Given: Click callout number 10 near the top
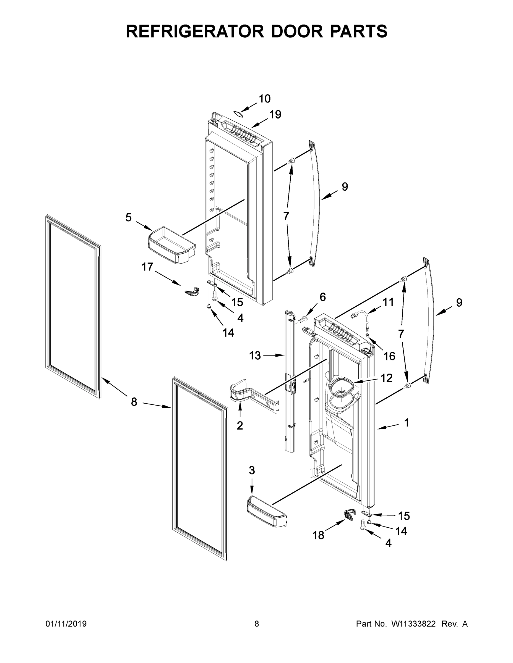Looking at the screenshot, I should coord(264,99).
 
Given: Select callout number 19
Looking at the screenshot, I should coord(275,114).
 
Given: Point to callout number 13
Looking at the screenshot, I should coord(255,356).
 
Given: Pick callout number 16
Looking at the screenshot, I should coord(389,356).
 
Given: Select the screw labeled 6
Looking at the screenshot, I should coord(302,319).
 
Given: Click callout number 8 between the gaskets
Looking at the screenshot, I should coord(134,402).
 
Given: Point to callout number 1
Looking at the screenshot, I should coord(407,423).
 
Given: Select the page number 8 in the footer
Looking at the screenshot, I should coord(257,624).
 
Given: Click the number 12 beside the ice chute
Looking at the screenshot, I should coord(386,378).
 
